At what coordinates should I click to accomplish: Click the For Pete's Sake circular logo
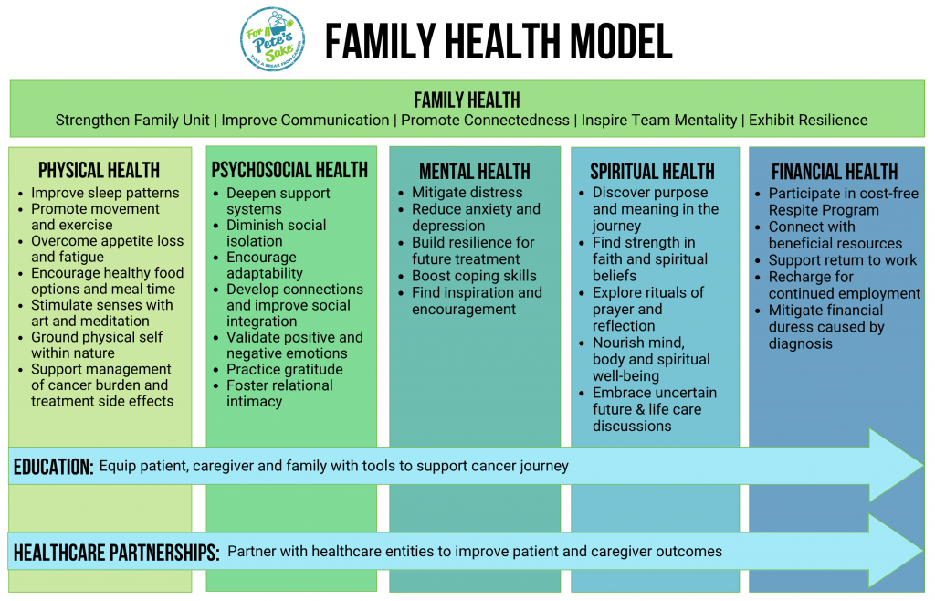[273, 39]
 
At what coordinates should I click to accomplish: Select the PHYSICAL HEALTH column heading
[100, 170]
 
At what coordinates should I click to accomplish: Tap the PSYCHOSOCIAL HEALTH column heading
[289, 170]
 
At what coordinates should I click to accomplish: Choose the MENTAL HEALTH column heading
[474, 172]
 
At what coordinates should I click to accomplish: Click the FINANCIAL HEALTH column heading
[835, 172]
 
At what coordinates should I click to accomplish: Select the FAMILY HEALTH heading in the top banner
[467, 100]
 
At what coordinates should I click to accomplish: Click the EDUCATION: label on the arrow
[54, 467]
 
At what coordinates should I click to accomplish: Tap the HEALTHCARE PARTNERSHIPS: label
[116, 552]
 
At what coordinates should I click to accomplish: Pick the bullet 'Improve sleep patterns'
[105, 193]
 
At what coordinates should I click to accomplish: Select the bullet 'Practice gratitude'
[284, 369]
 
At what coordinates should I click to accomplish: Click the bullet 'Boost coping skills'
[474, 276]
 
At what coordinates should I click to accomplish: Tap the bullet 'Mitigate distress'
[467, 193]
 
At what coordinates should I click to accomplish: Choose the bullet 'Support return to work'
[842, 260]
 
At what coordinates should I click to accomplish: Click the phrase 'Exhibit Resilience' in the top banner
[807, 121]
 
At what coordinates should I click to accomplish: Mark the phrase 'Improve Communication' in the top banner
[305, 121]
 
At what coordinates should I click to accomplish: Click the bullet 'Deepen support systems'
[278, 201]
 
